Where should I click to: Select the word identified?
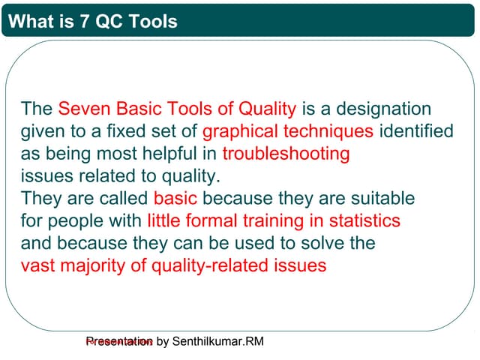(416, 131)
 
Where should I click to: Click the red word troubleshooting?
(286, 154)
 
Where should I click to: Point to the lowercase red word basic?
(175, 199)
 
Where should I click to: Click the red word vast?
(37, 265)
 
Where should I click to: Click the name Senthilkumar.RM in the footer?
(218, 342)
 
